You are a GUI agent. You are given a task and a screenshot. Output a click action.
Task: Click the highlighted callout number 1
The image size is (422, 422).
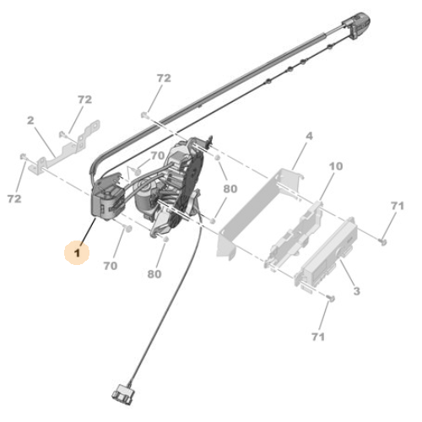click(77, 251)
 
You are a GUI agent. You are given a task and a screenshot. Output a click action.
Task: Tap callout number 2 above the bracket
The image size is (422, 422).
click(30, 121)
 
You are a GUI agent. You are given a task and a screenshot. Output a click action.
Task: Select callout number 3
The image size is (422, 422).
click(356, 291)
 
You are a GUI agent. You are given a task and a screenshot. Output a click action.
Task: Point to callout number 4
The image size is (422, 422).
click(308, 136)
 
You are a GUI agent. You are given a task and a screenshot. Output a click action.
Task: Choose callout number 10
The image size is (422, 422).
click(335, 167)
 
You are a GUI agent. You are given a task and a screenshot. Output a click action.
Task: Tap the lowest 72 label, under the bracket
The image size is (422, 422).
click(14, 198)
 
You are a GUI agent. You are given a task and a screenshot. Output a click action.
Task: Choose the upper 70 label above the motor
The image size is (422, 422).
click(157, 155)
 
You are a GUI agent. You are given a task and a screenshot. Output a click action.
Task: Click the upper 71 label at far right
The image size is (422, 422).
click(398, 206)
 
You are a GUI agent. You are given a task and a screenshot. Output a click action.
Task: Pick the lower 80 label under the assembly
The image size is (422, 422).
click(154, 273)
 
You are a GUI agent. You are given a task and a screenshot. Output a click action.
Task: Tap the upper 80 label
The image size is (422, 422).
click(230, 188)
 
